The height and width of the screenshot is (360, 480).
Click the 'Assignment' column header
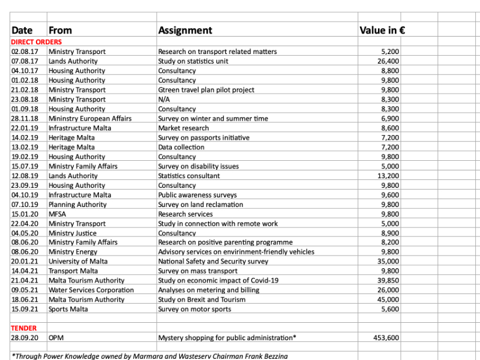click(185, 30)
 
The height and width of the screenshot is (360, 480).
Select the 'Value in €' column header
click(382, 30)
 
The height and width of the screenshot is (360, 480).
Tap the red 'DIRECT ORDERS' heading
click(36, 42)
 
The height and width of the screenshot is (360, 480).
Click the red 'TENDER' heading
click(23, 328)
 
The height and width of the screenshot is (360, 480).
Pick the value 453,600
click(386, 338)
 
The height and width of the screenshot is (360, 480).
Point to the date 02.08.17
click(25, 52)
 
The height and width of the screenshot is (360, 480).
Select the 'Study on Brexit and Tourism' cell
click(202, 299)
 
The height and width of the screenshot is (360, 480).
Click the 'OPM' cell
click(56, 338)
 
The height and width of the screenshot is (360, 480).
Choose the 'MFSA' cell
click(58, 214)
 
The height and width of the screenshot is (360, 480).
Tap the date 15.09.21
click(25, 309)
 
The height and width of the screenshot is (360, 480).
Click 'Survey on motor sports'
click(194, 309)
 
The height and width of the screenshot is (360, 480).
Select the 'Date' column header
click(22, 30)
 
